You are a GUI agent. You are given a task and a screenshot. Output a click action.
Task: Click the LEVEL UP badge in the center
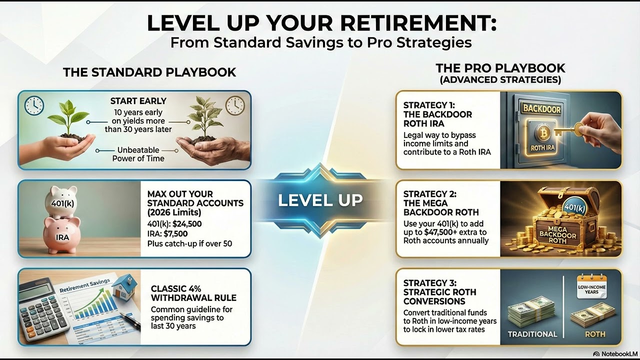(320, 200)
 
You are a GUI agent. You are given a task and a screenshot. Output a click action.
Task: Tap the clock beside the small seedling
(34, 105)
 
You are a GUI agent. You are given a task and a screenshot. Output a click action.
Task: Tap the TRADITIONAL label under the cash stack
(532, 334)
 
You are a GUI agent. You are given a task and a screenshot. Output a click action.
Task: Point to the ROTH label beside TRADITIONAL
(594, 334)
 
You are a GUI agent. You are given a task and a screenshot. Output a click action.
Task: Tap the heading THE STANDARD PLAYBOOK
(149, 72)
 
